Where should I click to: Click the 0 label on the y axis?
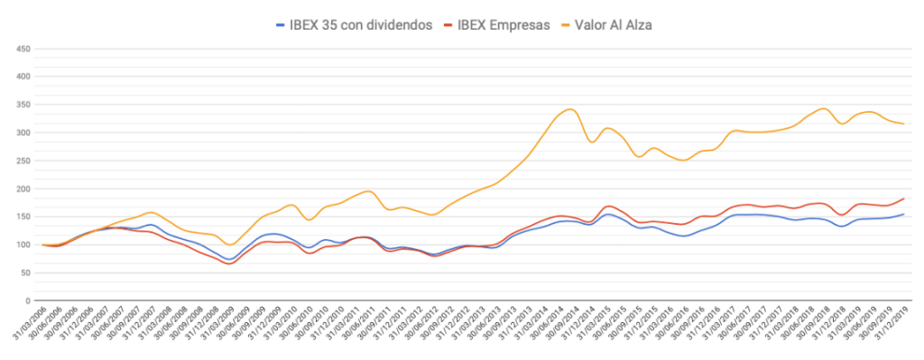pos(28,300)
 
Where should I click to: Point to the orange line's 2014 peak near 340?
pos(569,110)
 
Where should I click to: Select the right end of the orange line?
pos(904,124)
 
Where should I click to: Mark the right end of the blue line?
pos(904,214)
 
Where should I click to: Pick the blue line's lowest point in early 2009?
pos(229,259)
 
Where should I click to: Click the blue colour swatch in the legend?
pos(281,24)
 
